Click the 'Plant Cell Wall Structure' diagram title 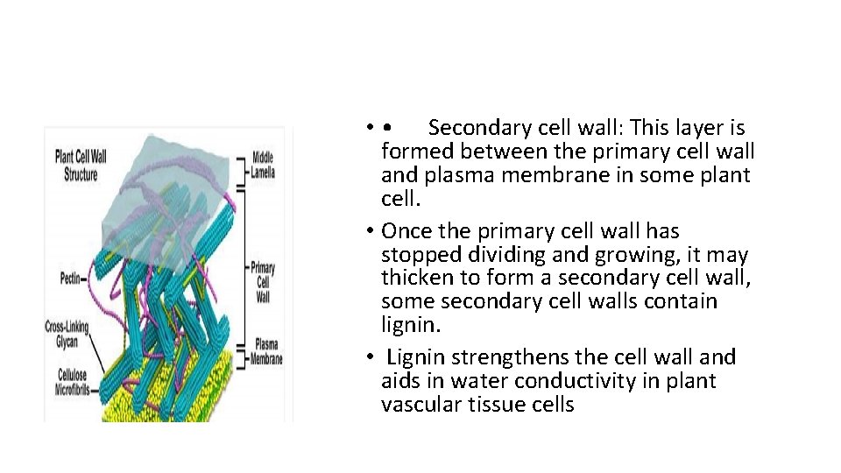[80, 166]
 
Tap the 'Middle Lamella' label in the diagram [263, 165]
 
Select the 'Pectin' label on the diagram [69, 278]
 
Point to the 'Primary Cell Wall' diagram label [263, 282]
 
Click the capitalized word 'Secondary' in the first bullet [478, 128]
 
